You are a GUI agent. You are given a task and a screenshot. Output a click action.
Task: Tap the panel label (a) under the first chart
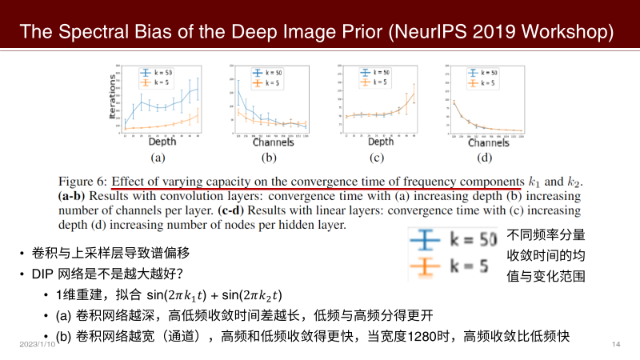pyautogui.click(x=157, y=158)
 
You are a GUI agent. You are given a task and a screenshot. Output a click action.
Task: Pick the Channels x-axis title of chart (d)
pyautogui.click(x=489, y=143)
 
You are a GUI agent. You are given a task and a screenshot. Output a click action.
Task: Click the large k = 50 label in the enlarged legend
pyautogui.click(x=469, y=239)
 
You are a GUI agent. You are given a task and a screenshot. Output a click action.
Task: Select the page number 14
pyautogui.click(x=615, y=344)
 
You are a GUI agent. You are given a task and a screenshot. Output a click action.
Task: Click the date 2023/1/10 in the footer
pyautogui.click(x=37, y=344)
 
